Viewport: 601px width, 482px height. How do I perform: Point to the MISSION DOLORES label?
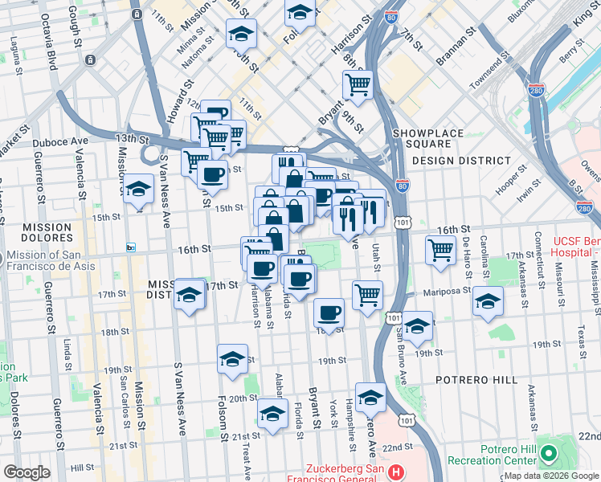point(36,234)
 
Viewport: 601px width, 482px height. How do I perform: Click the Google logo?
point(27,472)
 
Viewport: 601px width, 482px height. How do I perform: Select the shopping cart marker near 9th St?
point(358,84)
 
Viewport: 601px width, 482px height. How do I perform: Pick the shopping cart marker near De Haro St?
point(441,250)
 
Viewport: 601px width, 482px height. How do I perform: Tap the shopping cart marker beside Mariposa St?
point(367,295)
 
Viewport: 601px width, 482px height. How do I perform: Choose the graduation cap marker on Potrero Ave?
point(370,397)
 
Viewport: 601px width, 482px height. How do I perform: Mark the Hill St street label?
point(82,467)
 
